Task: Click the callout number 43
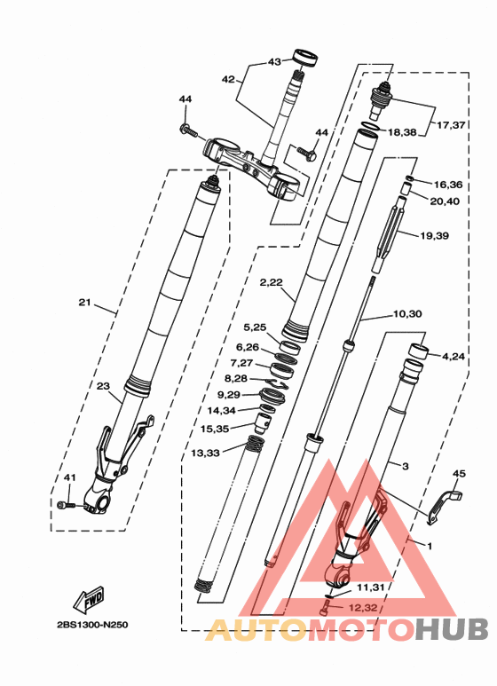click(x=275, y=62)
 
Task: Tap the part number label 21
click(x=85, y=302)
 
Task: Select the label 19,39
click(x=435, y=236)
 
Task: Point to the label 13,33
click(x=205, y=453)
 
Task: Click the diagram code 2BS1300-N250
click(x=93, y=625)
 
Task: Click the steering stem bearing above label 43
click(x=305, y=59)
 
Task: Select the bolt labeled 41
click(x=66, y=506)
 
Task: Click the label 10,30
click(x=407, y=313)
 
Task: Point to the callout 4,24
click(x=453, y=357)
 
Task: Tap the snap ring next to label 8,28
click(x=279, y=384)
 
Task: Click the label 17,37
click(x=451, y=125)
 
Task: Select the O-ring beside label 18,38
click(x=371, y=126)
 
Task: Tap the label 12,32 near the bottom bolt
click(x=363, y=608)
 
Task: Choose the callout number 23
click(x=103, y=386)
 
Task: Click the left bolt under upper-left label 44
click(x=188, y=130)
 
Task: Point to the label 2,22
click(x=272, y=282)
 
